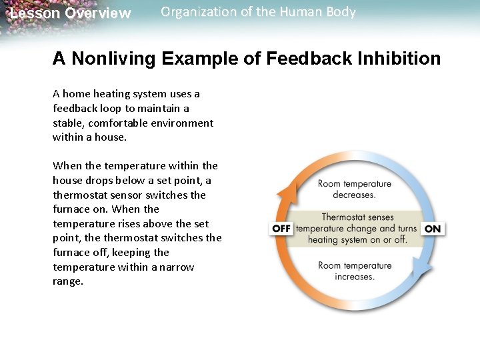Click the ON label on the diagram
(433, 229)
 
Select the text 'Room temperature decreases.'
(354, 189)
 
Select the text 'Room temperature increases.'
(354, 271)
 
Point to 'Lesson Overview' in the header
(71, 13)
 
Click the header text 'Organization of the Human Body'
(258, 12)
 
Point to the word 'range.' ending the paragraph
(67, 281)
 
